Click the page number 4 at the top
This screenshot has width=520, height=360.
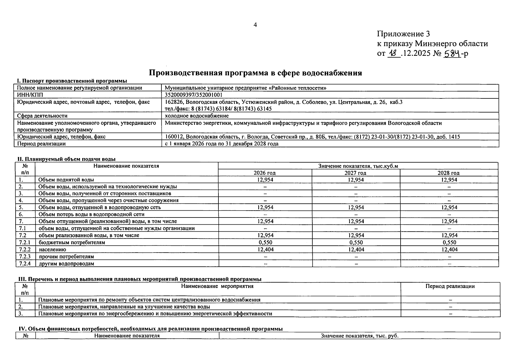tap(255, 25)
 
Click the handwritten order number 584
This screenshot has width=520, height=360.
tap(452, 53)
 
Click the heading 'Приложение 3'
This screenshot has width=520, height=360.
tap(403, 34)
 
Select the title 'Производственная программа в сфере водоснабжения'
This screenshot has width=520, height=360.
tap(255, 73)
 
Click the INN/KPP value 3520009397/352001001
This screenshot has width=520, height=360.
tap(194, 95)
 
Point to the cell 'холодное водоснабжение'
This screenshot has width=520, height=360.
tap(197, 116)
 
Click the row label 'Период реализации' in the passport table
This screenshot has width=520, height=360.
tap(41, 144)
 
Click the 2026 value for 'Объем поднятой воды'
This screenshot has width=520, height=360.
tap(265, 180)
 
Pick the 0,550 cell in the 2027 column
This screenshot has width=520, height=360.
tap(356, 242)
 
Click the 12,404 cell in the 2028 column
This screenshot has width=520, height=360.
tap(449, 249)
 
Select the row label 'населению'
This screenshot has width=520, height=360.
tap(52, 250)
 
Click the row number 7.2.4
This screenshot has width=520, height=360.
tap(25, 264)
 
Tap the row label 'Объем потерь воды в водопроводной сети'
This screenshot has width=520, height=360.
tap(91, 214)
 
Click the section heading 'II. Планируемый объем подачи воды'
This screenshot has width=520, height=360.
tap(66, 159)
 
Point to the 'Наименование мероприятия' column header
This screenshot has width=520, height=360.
tap(217, 286)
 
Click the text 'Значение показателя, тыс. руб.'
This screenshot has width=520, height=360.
tap(359, 336)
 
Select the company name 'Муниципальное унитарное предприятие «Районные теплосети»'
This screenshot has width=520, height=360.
tap(245, 88)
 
